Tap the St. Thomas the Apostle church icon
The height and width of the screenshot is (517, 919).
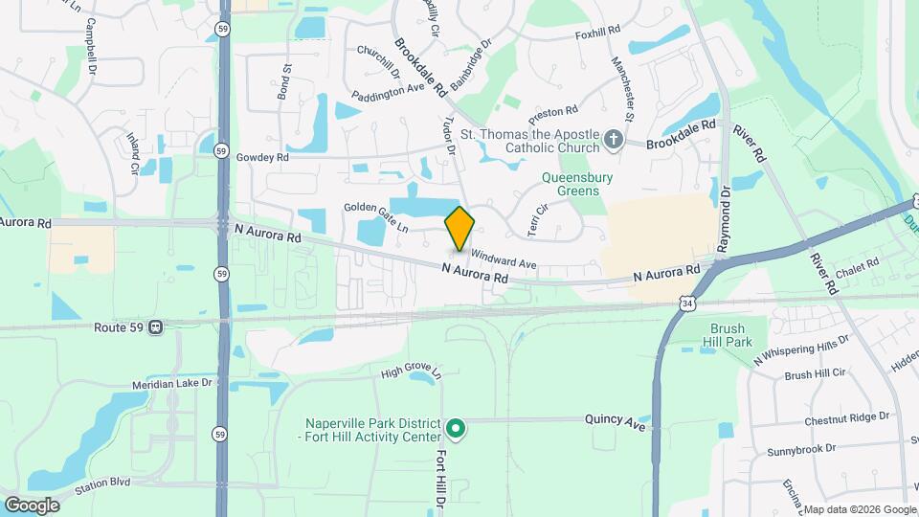[x=614, y=142]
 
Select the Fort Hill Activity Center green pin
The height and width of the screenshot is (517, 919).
[x=457, y=429]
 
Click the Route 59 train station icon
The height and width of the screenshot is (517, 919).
[x=156, y=327]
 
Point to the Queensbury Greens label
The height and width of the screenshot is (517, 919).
[x=577, y=184]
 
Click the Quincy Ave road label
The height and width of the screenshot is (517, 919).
[x=616, y=420]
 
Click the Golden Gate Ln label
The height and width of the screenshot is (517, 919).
[x=376, y=217]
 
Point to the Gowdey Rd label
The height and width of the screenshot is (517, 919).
[x=261, y=157]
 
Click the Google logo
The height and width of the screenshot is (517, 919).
[x=33, y=505]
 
